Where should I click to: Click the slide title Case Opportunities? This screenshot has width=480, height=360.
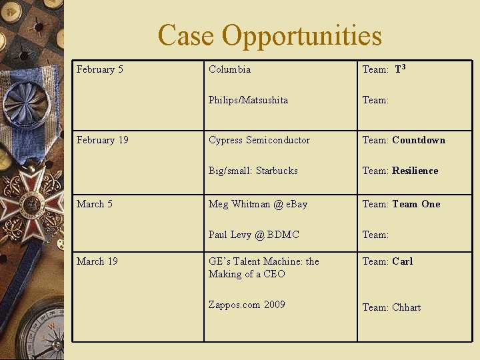pos(269,35)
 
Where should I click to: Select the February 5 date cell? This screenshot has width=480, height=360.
pos(100,69)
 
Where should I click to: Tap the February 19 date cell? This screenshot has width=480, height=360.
pos(103,140)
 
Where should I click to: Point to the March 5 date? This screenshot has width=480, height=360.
pos(95,204)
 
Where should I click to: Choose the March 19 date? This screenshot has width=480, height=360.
pos(97,261)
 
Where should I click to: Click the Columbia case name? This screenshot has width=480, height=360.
pos(230,69)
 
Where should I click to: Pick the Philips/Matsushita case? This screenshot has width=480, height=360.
pos(248,100)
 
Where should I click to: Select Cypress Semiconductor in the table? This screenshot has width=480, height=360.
pos(259,140)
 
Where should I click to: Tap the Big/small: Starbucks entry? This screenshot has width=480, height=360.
pos(253,171)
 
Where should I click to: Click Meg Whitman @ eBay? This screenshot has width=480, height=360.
pos(258,204)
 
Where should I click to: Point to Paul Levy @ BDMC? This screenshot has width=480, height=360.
pos(254,235)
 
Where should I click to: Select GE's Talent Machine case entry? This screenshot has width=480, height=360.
pos(264,267)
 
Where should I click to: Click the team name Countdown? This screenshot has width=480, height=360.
pos(419,140)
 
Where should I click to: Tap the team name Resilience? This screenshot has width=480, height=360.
pos(415,171)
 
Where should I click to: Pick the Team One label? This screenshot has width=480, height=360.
pos(416,204)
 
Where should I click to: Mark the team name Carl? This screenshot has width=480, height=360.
pos(403,261)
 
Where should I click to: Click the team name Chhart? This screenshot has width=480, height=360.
pos(407,307)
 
